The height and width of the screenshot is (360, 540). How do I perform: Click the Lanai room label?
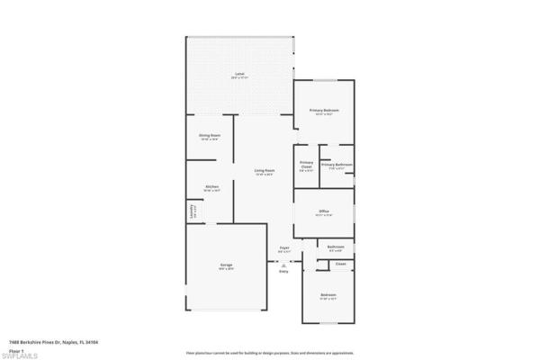click(x=239, y=74)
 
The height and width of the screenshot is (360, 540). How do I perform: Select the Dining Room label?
click(x=210, y=136)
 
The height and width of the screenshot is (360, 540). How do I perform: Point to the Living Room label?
click(x=264, y=170)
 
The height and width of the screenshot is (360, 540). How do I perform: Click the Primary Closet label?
click(x=306, y=165)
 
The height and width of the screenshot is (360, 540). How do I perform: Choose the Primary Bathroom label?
click(x=337, y=165)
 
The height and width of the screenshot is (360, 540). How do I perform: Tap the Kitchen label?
click(x=211, y=187)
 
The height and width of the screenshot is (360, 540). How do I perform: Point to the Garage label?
click(x=227, y=265)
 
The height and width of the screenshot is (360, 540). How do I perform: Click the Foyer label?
click(x=283, y=247)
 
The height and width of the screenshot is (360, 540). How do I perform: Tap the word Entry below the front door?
click(x=283, y=272)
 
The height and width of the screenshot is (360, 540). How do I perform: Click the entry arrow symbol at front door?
click(x=283, y=265)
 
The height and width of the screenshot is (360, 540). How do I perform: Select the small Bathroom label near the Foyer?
click(x=336, y=247)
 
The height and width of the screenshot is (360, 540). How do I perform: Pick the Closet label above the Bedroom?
click(x=340, y=264)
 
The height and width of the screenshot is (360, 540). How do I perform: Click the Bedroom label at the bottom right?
click(x=328, y=295)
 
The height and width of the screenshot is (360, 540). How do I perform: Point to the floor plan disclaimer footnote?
click(x=269, y=354)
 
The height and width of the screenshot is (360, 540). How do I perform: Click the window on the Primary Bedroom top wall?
click(x=325, y=79)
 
